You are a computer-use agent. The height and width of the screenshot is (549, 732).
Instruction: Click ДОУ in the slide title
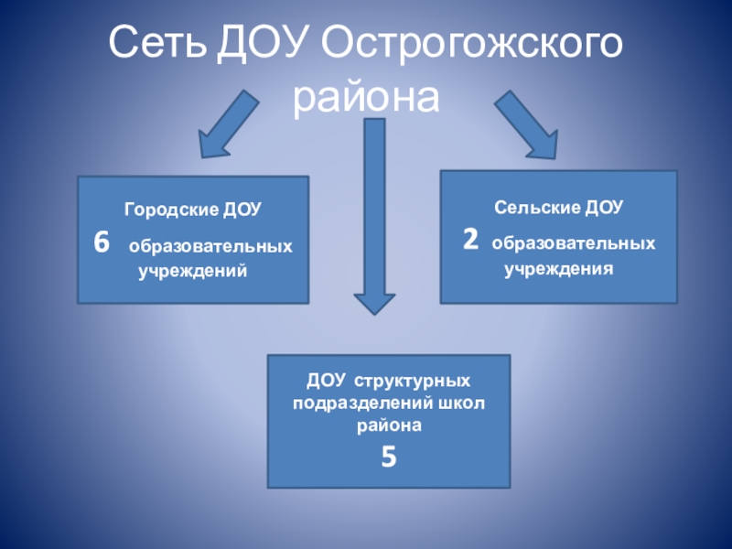(267, 43)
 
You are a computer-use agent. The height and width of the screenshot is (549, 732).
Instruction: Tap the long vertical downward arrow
(373, 215)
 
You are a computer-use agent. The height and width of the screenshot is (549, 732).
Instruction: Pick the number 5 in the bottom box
(389, 456)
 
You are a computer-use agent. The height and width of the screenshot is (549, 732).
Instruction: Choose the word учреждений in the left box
(193, 272)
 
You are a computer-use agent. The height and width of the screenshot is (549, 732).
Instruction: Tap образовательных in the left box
(210, 247)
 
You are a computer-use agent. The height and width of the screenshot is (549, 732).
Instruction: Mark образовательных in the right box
(574, 244)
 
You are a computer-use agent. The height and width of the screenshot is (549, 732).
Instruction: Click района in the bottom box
(389, 425)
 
